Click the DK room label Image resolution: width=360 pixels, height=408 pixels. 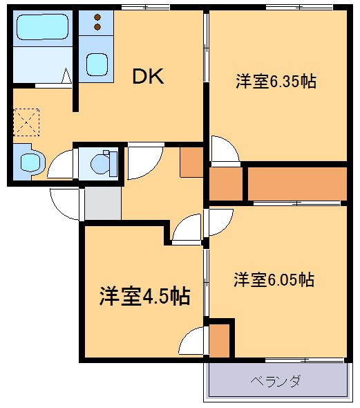[x=148, y=77]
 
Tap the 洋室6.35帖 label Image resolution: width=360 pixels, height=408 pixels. [x=276, y=82]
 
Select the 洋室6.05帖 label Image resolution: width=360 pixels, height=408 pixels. [x=274, y=280]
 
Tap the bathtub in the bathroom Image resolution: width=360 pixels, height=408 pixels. [x=39, y=28]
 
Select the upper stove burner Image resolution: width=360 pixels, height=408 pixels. [x=97, y=16]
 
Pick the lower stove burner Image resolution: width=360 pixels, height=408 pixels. [x=97, y=26]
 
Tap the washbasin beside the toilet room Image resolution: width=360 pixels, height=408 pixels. [x=30, y=163]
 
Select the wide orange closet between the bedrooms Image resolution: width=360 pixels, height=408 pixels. [x=296, y=183]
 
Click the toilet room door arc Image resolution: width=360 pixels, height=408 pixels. [x=61, y=164]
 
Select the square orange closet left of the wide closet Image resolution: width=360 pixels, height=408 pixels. [x=225, y=184]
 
